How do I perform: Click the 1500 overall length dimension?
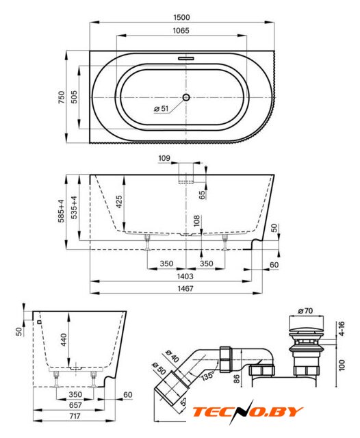(181, 17)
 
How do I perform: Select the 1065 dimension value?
(181, 30)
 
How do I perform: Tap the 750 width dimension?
(62, 97)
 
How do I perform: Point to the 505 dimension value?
(74, 97)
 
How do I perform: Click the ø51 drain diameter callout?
(162, 108)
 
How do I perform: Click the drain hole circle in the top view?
(186, 97)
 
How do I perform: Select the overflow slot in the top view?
(186, 58)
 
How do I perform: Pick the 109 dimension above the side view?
(164, 158)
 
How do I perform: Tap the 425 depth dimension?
(119, 202)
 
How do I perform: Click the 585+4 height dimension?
(61, 211)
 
